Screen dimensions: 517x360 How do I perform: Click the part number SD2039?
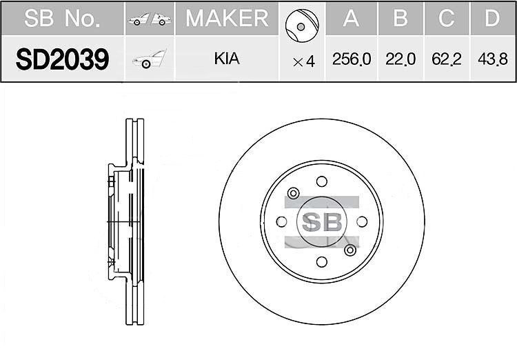[62, 59]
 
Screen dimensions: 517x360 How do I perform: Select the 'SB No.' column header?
[62, 18]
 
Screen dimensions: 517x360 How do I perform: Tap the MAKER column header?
[227, 18]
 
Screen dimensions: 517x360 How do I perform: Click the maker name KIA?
[227, 59]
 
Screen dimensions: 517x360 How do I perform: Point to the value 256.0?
[352, 59]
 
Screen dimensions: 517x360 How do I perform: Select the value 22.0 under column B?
[401, 59]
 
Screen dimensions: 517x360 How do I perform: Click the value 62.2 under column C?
[447, 59]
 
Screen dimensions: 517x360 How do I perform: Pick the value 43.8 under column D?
[493, 59]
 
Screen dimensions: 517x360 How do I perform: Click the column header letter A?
[351, 18]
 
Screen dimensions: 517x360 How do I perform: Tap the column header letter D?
[492, 18]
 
